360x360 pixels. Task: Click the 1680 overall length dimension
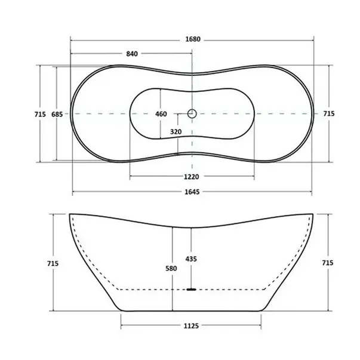click(192, 40)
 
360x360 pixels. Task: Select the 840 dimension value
click(132, 54)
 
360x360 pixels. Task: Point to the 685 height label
click(57, 113)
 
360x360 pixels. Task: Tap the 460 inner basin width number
click(161, 113)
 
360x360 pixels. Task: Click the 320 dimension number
click(176, 131)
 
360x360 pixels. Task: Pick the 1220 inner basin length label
click(191, 176)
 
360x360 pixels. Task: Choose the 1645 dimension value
click(192, 192)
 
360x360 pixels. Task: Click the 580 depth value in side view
click(171, 269)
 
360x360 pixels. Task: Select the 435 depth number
click(192, 259)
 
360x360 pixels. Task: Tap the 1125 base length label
click(192, 325)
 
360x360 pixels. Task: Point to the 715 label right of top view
click(328, 113)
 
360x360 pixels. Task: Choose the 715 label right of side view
click(328, 263)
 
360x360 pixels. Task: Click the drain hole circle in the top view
click(192, 113)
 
